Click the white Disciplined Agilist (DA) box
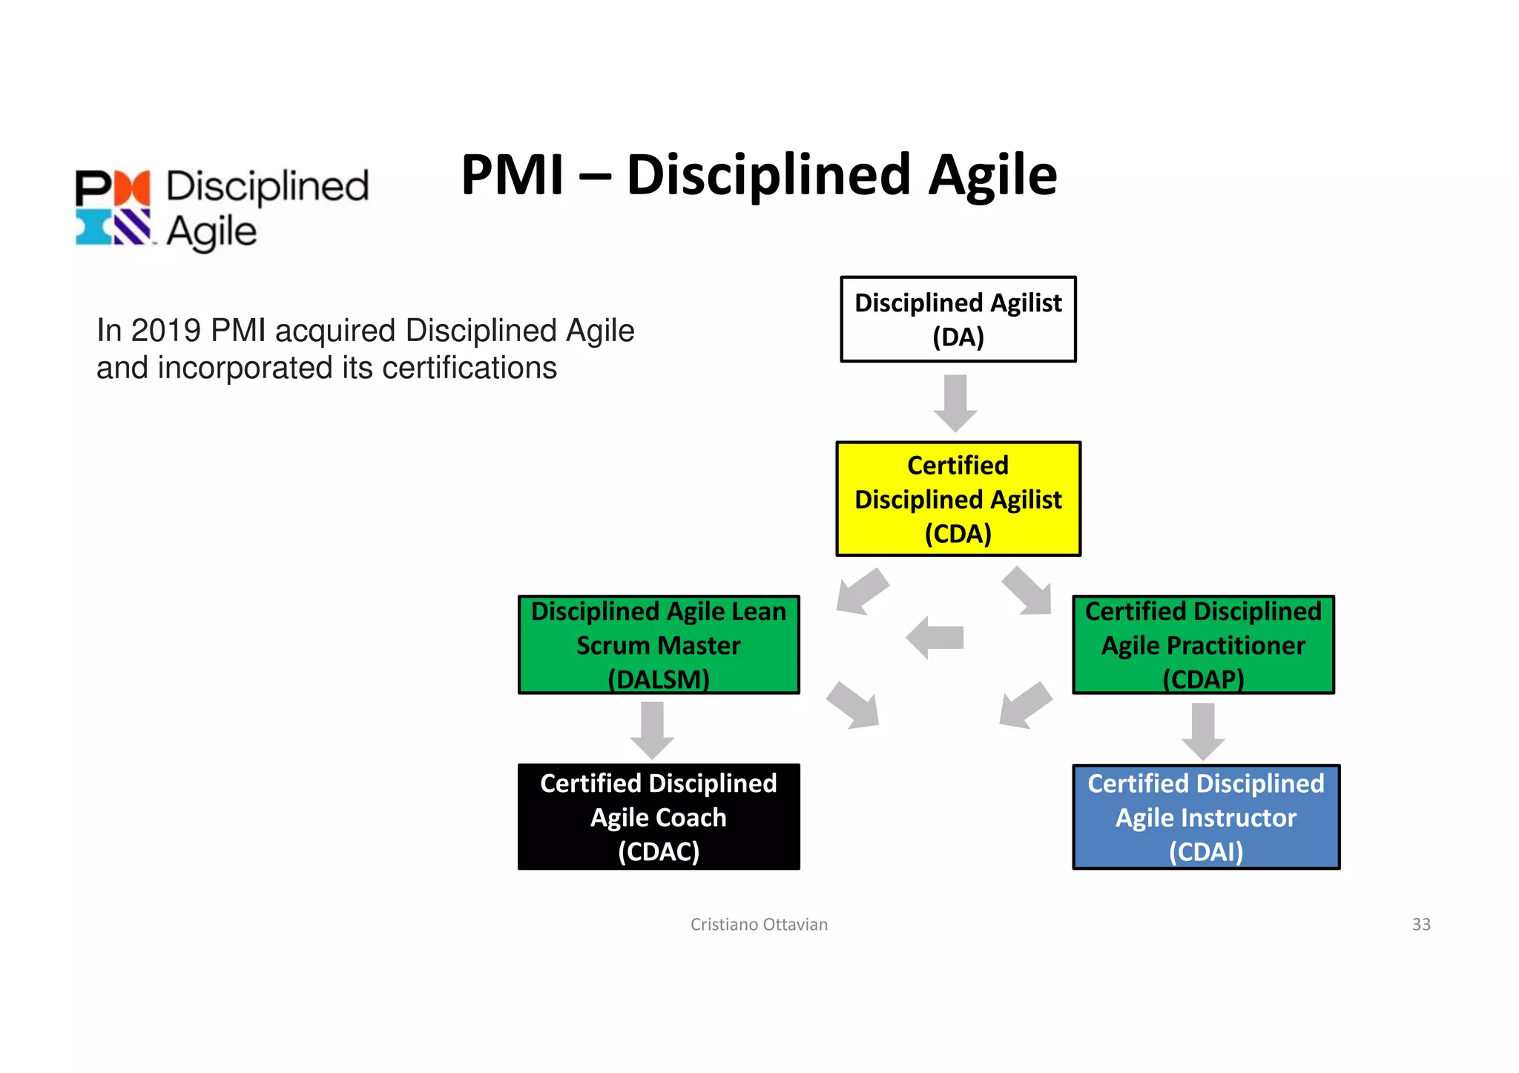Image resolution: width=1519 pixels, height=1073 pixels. pos(958,320)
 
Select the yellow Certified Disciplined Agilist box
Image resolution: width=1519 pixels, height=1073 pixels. pos(958,499)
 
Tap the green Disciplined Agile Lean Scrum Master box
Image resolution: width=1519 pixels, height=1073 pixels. pos(659,644)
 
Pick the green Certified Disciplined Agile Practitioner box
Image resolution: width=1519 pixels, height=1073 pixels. pos(1203,644)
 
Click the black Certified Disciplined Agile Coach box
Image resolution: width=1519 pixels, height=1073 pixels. pos(659,816)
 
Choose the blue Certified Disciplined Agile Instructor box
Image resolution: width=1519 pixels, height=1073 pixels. pos(1206,816)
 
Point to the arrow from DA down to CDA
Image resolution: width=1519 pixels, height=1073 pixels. pos(955,403)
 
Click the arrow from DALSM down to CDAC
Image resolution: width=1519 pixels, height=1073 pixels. pos(652,730)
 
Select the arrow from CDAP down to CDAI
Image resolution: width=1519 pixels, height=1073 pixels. pos(1202,731)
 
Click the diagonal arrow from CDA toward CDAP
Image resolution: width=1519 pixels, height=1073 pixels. pos(1027,592)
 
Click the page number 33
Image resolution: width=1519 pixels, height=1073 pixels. pos(1421,924)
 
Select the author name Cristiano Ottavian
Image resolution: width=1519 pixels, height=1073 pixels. pos(759,924)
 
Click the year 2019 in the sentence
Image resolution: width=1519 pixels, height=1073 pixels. pos(165,331)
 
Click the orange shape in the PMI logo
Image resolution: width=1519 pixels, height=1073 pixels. pos(133,187)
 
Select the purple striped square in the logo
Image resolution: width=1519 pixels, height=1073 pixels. pos(133,227)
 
